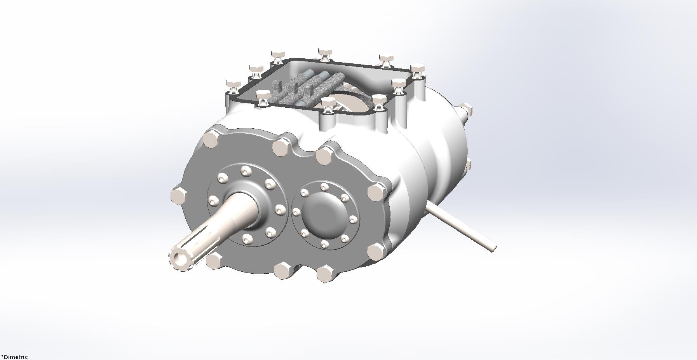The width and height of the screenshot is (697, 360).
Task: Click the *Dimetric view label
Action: click(x=14, y=357)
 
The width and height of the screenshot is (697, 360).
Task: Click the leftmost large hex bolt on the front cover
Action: click(x=179, y=196)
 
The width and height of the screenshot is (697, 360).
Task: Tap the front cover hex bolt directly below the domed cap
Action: click(x=325, y=273)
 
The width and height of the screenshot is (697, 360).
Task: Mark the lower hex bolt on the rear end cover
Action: click(x=468, y=164)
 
